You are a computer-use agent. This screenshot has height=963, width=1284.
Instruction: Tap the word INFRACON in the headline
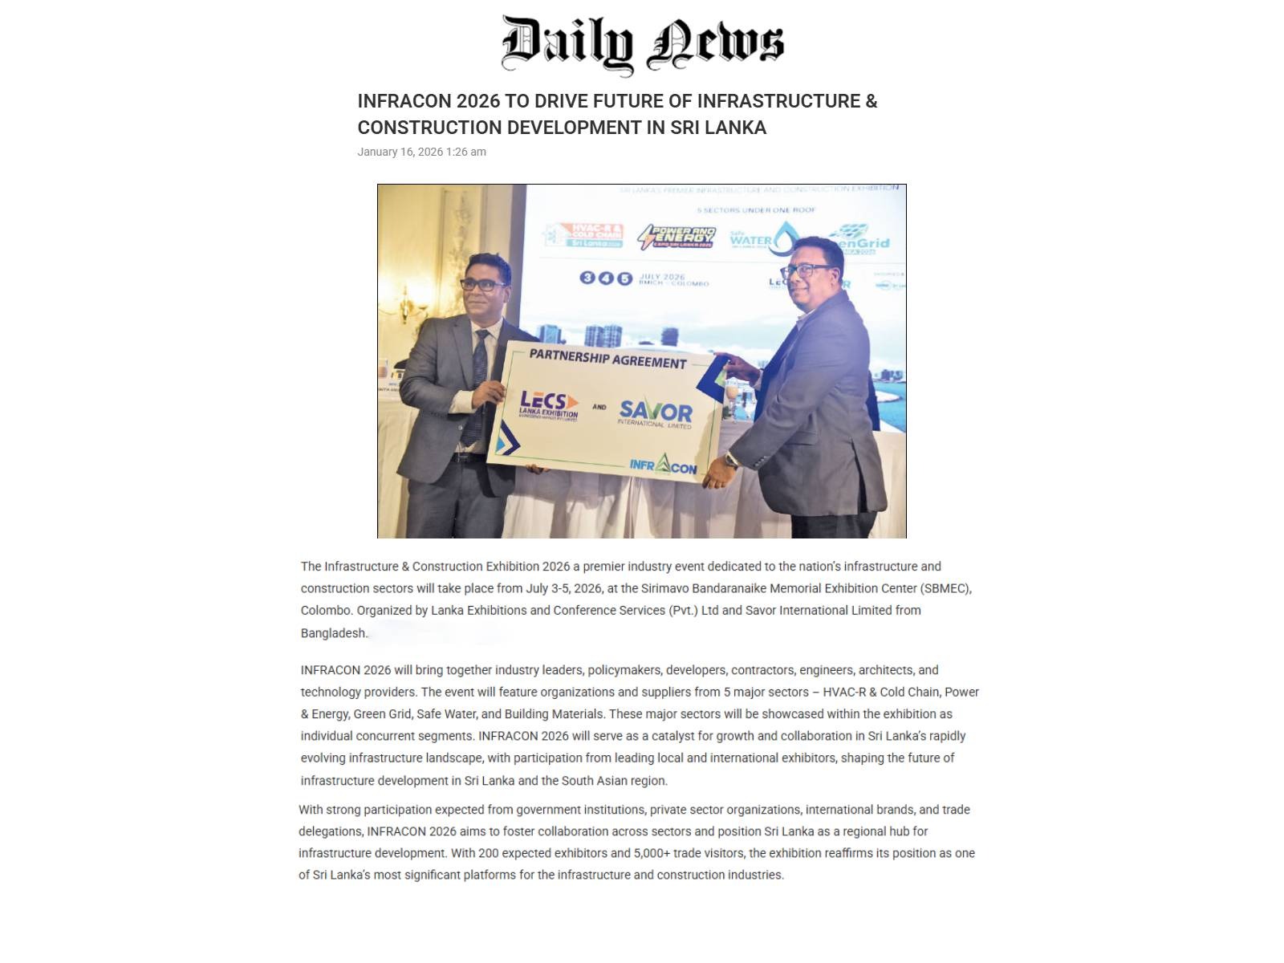pyautogui.click(x=404, y=101)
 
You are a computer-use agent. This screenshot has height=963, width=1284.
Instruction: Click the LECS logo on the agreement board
pyautogui.click(x=549, y=405)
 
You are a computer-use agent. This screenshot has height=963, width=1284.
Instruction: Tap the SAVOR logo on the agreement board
pyautogui.click(x=656, y=413)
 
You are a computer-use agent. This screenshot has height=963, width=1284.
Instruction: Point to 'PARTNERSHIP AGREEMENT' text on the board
pyautogui.click(x=607, y=358)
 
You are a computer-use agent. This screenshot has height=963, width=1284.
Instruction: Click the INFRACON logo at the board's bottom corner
pyautogui.click(x=663, y=465)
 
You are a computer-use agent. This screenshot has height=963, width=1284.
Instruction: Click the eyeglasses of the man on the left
pyautogui.click(x=482, y=284)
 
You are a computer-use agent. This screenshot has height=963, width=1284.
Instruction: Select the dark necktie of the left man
pyautogui.click(x=478, y=377)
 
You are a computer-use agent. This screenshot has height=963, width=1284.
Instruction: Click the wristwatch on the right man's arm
pyautogui.click(x=731, y=460)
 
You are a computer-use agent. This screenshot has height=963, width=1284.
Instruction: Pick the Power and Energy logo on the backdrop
pyautogui.click(x=676, y=237)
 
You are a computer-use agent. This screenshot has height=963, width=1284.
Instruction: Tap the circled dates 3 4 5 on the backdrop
pyautogui.click(x=606, y=278)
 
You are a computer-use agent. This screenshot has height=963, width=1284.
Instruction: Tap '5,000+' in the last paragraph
pyautogui.click(x=652, y=853)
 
